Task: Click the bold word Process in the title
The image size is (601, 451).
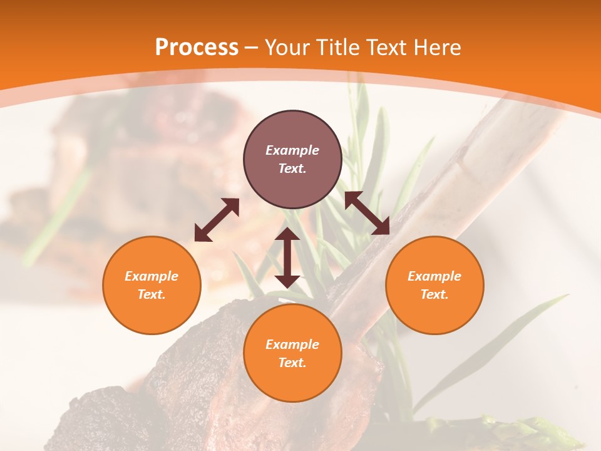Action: [x=197, y=48]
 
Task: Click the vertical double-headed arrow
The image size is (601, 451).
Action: [x=287, y=257]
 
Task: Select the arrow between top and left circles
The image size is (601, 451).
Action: [x=217, y=220]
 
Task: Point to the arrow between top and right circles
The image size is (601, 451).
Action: [x=367, y=213]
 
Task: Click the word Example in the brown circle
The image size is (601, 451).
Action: [x=292, y=150]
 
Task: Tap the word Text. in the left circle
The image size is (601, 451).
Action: [x=152, y=294]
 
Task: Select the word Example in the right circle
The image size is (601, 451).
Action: [x=434, y=276]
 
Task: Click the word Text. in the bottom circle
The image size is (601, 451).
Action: [x=292, y=363]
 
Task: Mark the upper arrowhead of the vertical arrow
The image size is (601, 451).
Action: [x=287, y=234]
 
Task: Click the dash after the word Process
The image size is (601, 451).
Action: [x=252, y=48]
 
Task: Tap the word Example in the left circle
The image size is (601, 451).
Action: [x=152, y=276]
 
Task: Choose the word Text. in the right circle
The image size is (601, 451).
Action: [x=434, y=294]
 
